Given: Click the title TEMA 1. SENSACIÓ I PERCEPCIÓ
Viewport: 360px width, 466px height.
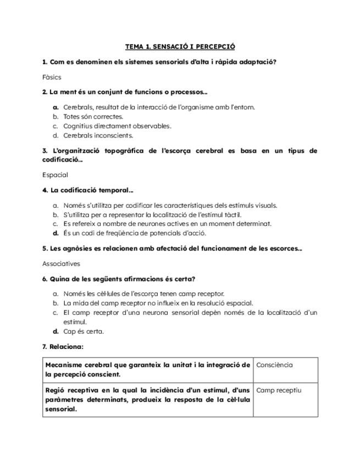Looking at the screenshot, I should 180,47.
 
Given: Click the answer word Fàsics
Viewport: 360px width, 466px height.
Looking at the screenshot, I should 52,77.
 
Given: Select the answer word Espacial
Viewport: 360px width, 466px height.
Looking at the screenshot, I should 55,175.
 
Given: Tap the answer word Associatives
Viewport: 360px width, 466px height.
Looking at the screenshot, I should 61,264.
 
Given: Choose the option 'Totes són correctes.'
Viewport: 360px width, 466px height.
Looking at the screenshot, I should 93,116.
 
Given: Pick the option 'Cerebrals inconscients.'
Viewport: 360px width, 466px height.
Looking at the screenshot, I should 98,135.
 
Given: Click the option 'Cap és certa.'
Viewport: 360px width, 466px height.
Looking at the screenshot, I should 83,331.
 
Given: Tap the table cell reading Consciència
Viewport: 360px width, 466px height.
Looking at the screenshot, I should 274,365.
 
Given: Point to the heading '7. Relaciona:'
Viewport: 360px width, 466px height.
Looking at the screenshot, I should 63,347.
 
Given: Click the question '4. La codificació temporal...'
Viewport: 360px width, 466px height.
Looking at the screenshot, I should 88,190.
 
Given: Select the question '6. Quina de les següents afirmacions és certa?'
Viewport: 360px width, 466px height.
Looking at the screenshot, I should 119,279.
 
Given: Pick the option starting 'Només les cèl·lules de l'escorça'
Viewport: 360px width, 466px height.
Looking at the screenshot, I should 143,294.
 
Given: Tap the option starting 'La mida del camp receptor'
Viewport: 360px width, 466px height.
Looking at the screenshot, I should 158,303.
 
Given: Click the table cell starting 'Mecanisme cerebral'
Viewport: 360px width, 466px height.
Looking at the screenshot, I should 148,369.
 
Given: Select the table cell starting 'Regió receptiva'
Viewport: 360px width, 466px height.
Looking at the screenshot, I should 148,400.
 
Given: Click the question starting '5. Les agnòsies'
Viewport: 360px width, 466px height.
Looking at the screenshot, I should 172,248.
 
